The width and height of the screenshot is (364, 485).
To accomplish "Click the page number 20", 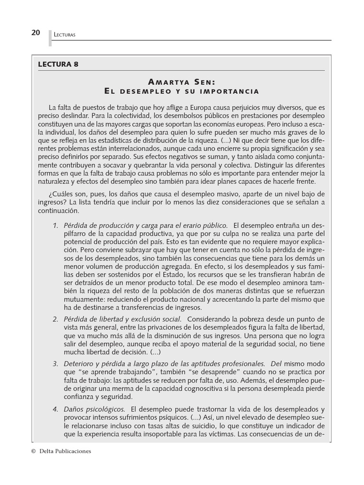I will point(35,33).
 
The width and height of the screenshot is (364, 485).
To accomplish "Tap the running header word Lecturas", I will point(65,35).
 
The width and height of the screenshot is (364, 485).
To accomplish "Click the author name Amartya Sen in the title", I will point(182,81).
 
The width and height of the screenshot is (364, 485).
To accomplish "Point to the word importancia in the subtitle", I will point(231,90).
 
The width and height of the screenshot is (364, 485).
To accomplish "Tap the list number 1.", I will point(55,225).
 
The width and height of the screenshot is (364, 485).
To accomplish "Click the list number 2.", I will point(55,319).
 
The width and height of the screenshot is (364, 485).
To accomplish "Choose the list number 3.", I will point(55,363).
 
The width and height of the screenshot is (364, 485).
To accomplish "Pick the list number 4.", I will point(55,408).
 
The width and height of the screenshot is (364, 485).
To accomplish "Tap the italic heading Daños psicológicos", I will point(94,408).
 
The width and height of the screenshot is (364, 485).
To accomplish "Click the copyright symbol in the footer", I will point(33,451).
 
